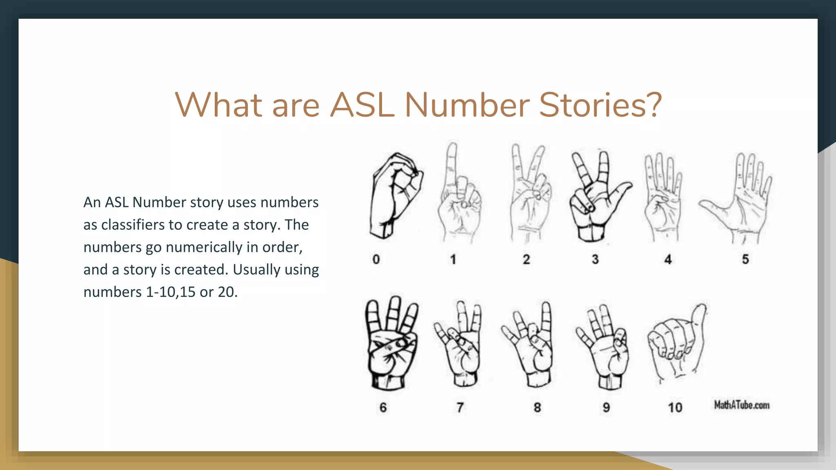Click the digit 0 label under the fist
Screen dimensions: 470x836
click(376, 259)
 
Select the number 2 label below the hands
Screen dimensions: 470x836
click(526, 259)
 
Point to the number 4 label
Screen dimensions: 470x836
click(668, 259)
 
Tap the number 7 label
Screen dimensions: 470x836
click(460, 407)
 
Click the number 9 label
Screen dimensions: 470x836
click(606, 407)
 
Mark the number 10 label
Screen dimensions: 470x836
click(675, 407)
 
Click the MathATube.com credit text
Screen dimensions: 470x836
click(742, 405)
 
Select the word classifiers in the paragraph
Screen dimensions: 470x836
click(132, 225)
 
